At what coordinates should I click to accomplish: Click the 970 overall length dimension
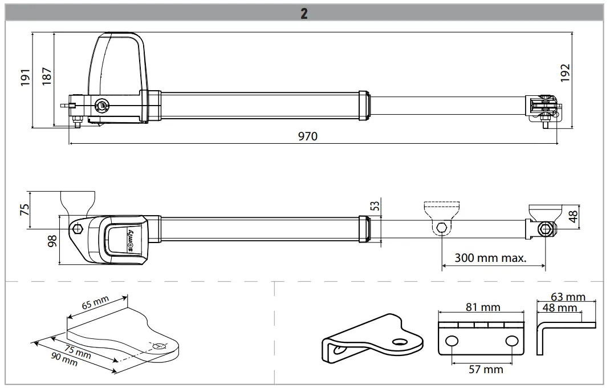307,136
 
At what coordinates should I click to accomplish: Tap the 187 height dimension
47,75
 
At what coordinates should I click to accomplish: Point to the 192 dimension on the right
565,73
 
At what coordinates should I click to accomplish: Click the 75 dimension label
24,210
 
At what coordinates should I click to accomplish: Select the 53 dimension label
375,205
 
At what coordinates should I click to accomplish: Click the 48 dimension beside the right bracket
573,216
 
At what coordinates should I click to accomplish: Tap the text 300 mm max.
490,257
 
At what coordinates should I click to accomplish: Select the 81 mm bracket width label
482,308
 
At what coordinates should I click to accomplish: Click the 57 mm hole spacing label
486,369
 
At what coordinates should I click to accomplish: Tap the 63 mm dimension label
568,297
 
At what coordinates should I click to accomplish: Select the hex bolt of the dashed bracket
441,229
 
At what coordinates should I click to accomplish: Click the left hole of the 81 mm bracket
452,341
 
